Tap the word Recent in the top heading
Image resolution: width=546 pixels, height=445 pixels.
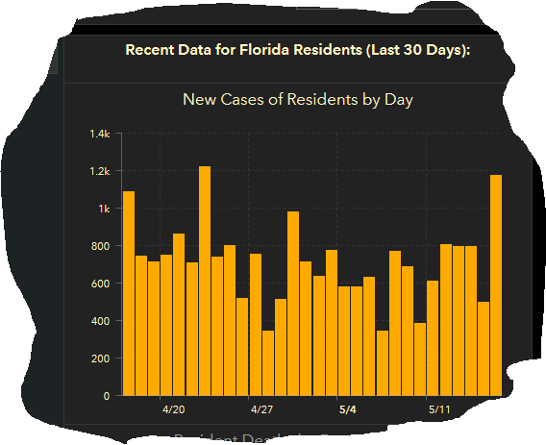point(150,50)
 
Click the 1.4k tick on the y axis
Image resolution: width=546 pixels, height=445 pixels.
point(100,134)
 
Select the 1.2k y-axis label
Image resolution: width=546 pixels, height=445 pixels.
point(100,171)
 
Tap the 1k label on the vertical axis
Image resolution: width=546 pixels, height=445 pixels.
point(104,209)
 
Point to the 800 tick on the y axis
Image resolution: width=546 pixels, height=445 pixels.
point(101,246)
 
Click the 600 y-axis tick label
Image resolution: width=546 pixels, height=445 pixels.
point(101,284)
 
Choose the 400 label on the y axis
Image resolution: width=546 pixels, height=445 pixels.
point(101,321)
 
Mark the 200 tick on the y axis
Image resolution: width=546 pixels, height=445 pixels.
point(101,358)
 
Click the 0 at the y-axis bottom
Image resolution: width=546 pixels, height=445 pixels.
point(107,396)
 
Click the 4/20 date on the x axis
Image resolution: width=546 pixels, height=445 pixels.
point(173,409)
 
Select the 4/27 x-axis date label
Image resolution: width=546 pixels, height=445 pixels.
point(261,409)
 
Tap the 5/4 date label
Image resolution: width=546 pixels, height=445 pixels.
point(349,409)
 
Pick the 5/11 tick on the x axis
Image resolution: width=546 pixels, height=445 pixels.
point(437,409)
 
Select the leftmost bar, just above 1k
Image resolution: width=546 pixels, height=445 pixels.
point(129,293)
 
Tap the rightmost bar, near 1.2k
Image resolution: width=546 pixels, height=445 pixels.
point(496,284)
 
